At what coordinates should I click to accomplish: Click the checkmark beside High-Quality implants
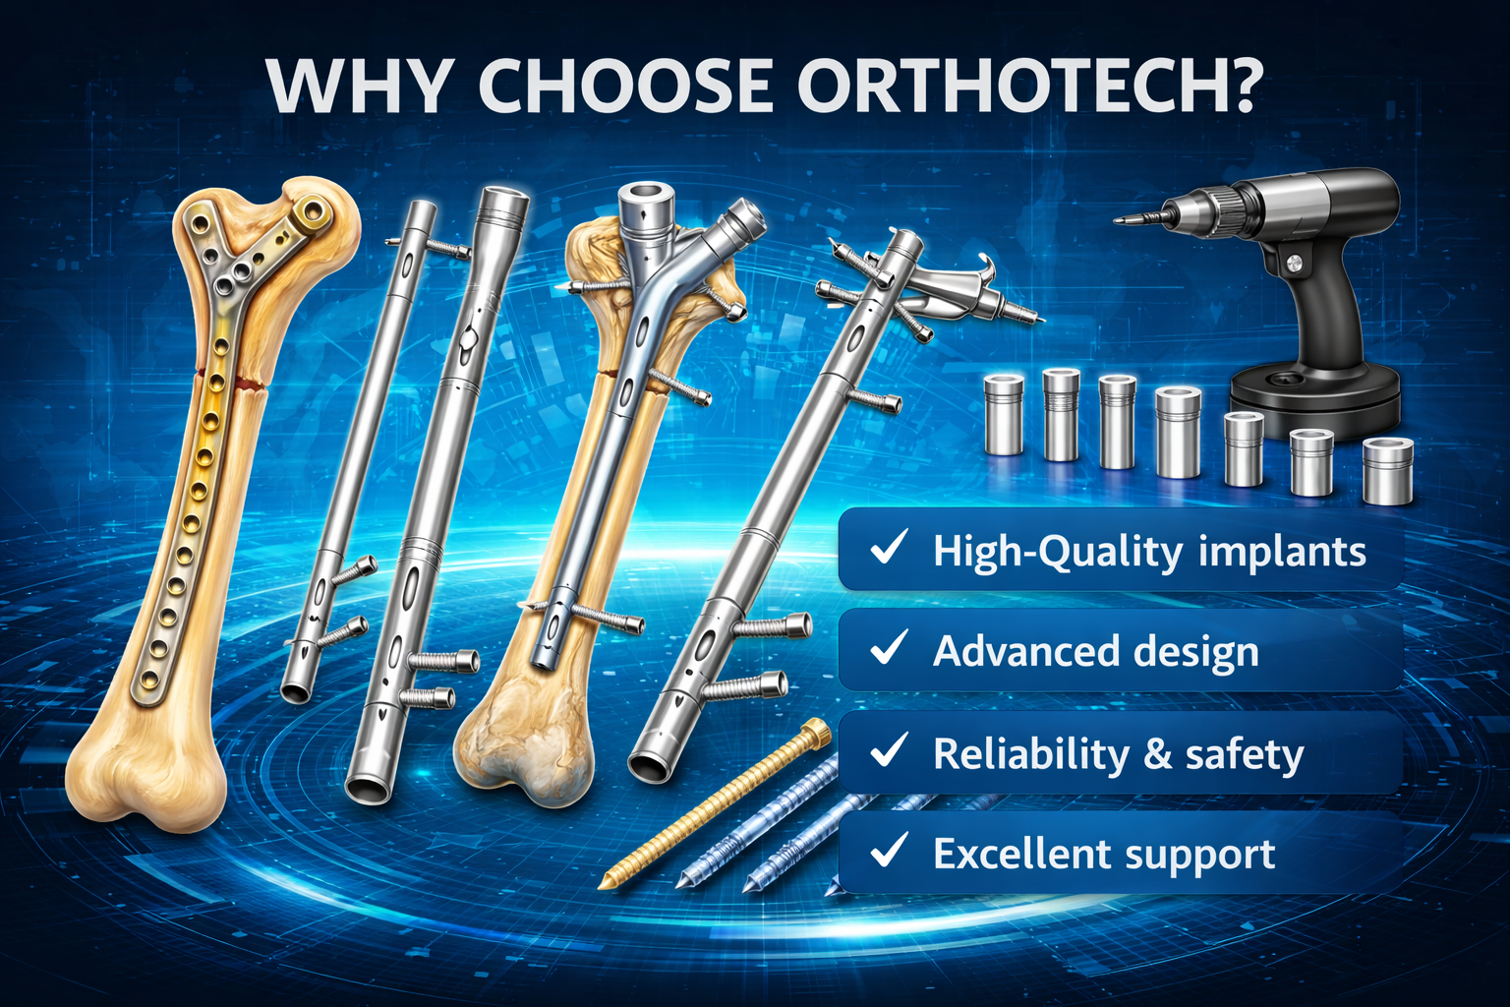pos(889,548)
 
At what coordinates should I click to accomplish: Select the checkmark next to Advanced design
pos(889,648)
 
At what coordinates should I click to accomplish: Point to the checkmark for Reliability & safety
pos(889,751)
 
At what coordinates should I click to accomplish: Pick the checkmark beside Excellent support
pos(889,851)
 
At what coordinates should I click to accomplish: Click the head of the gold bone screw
pos(815,731)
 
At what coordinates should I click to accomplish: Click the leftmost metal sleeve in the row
pos(1004,414)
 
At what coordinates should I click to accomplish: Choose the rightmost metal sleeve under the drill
pos(1387,471)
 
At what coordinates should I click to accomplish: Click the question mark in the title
pos(1236,86)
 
